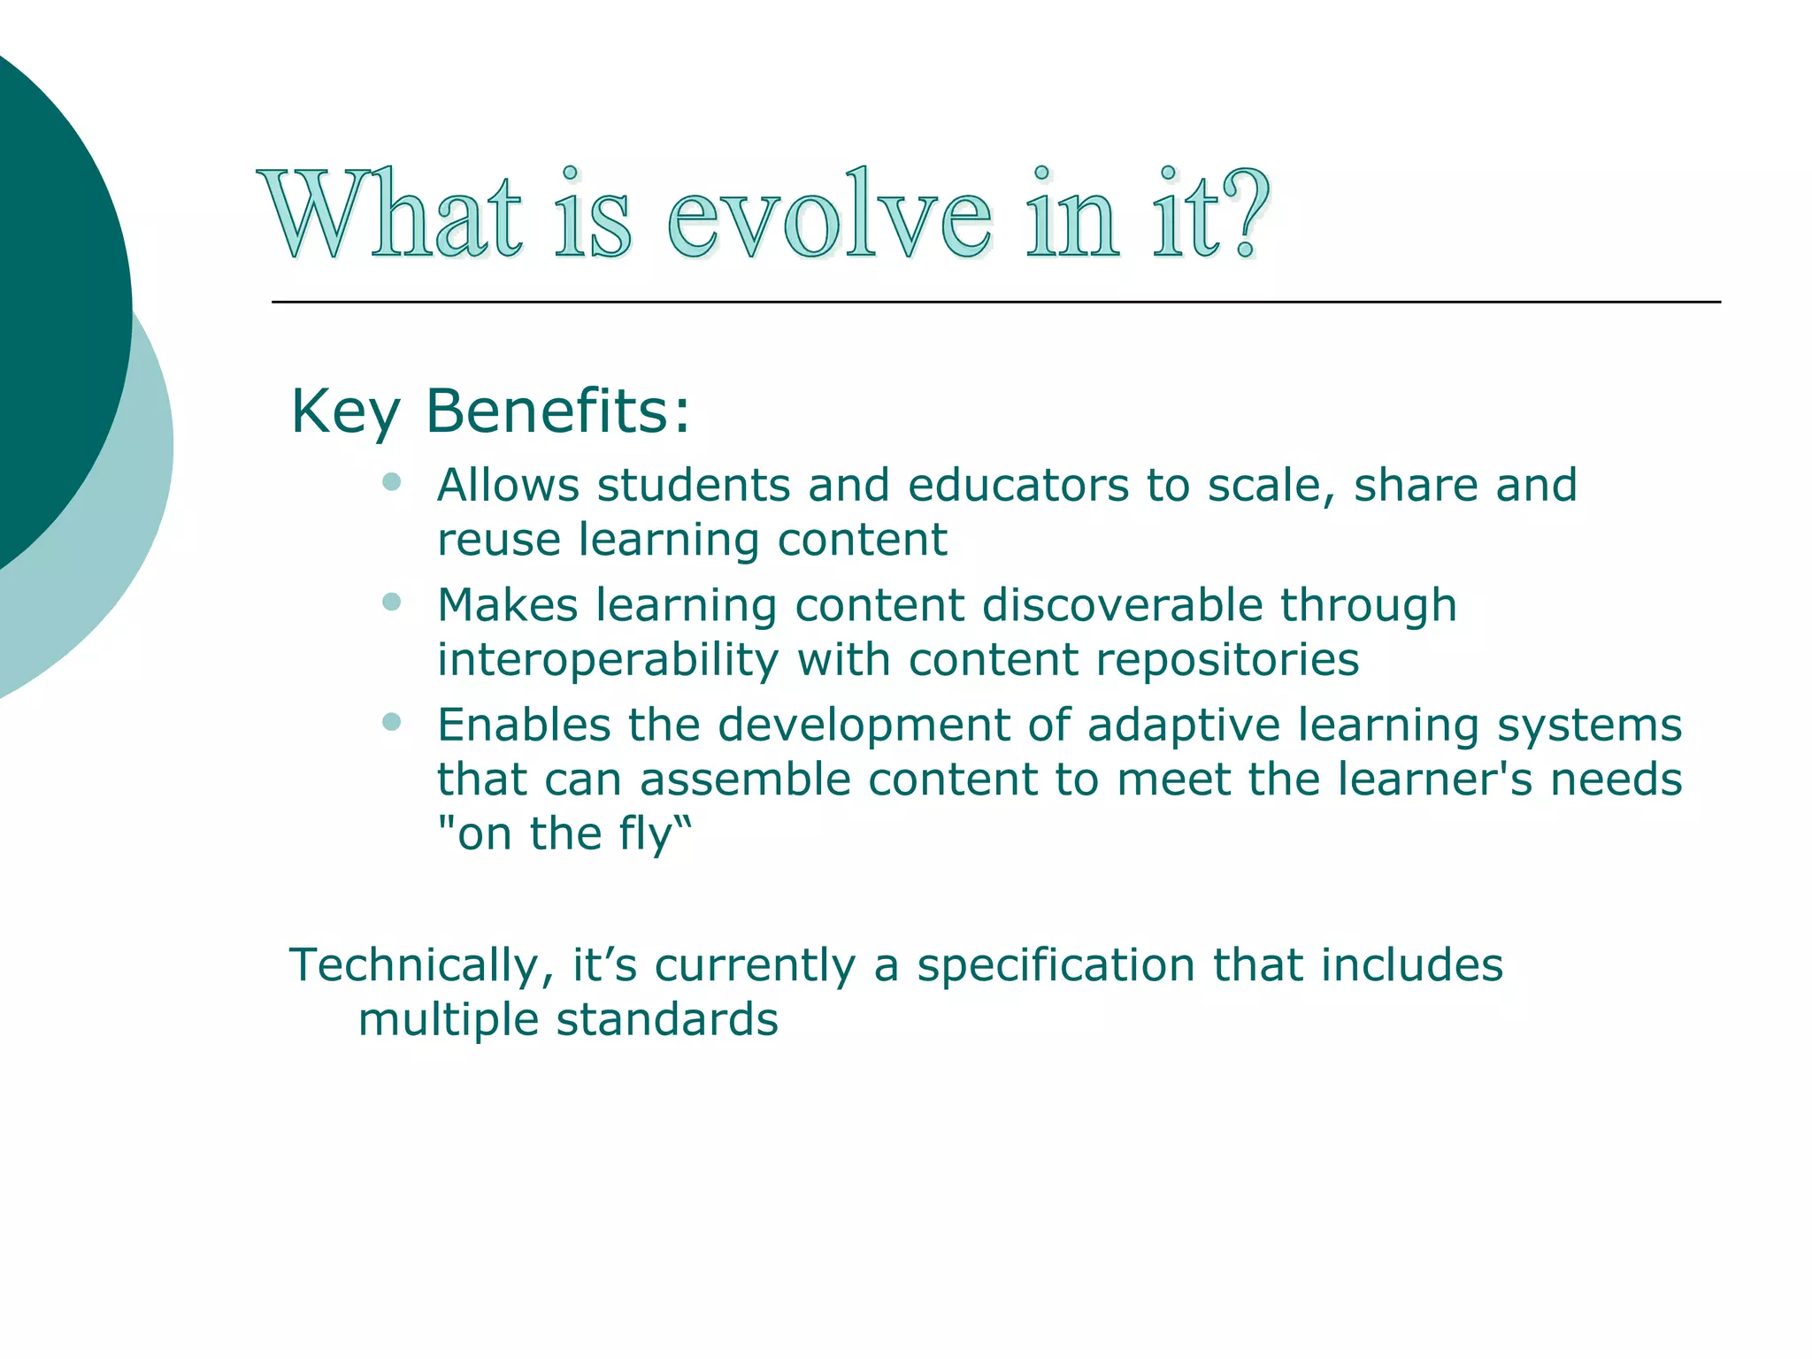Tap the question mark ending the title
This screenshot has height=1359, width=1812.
click(1246, 212)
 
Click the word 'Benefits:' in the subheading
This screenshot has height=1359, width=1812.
click(557, 411)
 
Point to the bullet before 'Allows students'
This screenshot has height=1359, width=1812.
click(392, 482)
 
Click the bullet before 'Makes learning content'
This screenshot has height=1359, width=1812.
click(392, 603)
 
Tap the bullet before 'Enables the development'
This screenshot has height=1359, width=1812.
click(392, 722)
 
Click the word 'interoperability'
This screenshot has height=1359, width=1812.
click(608, 660)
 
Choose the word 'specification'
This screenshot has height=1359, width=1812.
click(1056, 966)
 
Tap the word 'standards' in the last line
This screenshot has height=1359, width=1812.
click(666, 1019)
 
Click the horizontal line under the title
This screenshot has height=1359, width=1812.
click(995, 303)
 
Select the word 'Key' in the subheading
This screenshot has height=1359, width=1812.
click(345, 413)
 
